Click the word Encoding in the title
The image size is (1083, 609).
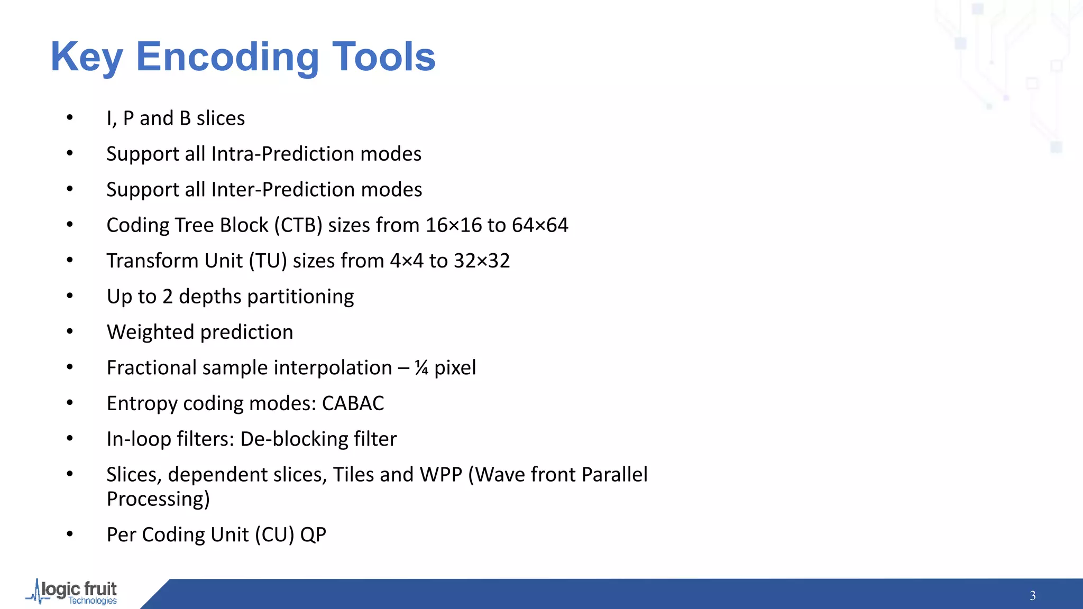coord(227,57)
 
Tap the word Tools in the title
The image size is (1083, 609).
coord(383,57)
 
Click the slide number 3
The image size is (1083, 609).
coord(1032,596)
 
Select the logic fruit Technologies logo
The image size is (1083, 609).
coord(72,593)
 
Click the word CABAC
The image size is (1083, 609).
coord(353,403)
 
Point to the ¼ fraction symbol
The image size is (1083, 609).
coord(421,368)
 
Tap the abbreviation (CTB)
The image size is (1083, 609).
coord(298,225)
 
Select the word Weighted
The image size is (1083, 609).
coord(151,333)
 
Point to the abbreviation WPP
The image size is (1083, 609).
coord(441,475)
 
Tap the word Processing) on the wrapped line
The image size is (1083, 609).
coord(158,499)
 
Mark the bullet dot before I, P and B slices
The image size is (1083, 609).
coord(70,117)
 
